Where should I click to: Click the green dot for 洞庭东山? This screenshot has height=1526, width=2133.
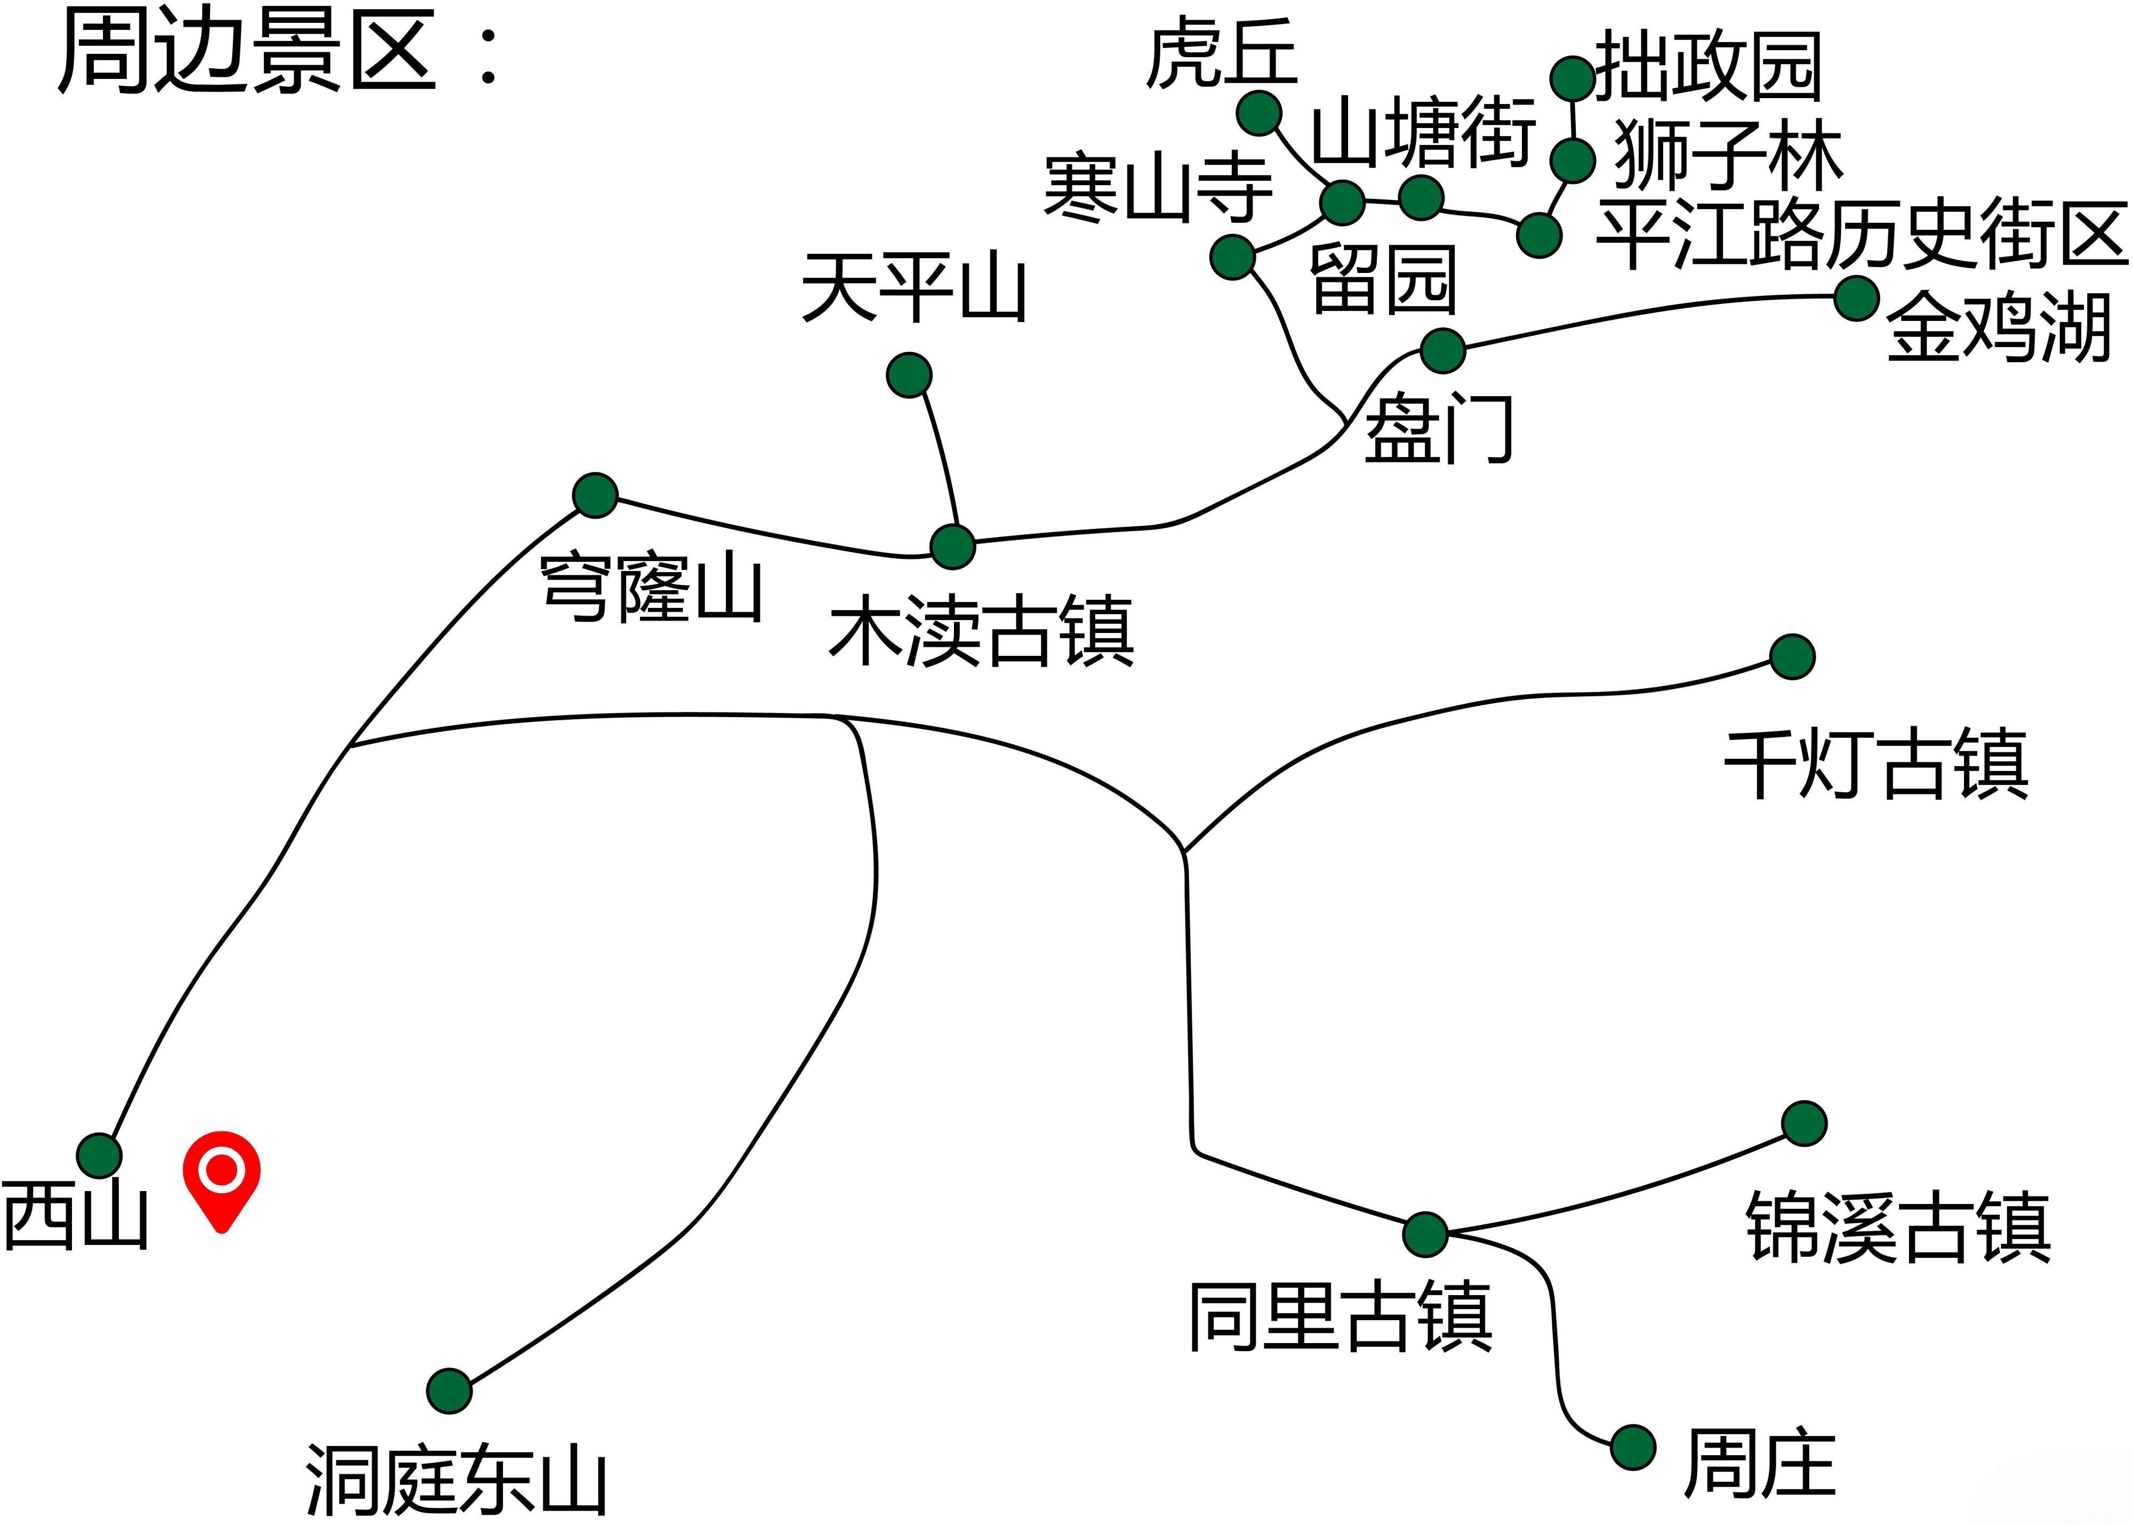tap(449, 1390)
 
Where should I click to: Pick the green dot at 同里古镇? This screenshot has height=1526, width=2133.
tap(1425, 1234)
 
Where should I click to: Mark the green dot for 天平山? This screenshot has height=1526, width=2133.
tap(909, 375)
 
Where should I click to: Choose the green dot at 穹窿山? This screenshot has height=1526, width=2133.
tap(595, 494)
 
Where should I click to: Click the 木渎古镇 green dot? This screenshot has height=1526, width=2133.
tap(953, 546)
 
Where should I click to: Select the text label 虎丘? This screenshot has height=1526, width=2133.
tap(1221, 54)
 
